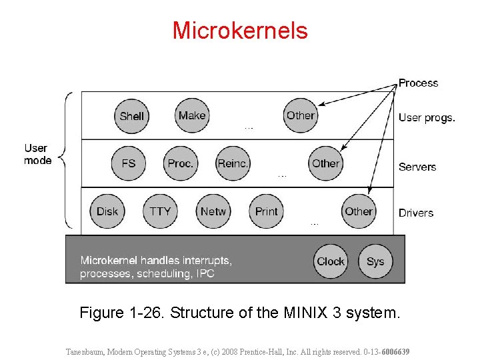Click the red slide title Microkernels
pos(240,31)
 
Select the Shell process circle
pos(131,115)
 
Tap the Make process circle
pos(192,115)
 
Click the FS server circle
pos(129,163)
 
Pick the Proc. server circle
pos(181,163)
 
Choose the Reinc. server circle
pos(233,163)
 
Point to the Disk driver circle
pos(107,211)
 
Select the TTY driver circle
pos(160,211)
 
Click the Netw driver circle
pos(213,211)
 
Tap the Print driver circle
pos(266,211)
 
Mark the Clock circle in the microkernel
pos(331,261)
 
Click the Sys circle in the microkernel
pos(375,261)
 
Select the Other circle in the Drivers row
pos(358,211)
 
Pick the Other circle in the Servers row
pos(325,163)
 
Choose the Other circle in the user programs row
pos(300,115)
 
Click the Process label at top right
pos(418,83)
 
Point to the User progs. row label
pos(427,118)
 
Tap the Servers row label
pos(417,167)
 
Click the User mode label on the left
pos(37,154)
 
